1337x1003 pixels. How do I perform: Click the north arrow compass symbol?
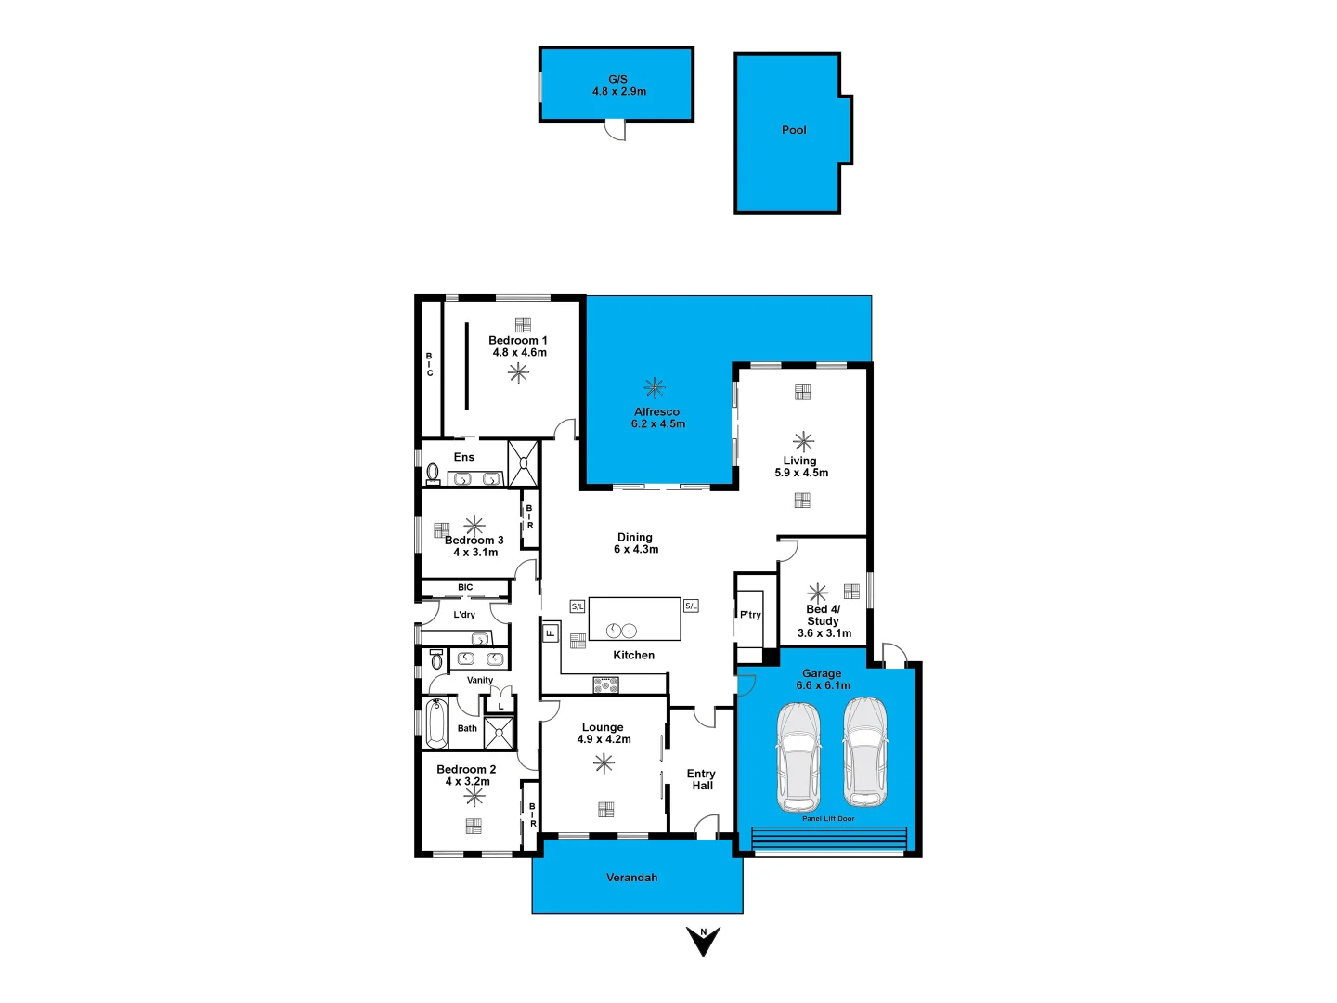(704, 940)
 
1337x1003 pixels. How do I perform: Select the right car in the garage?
(864, 752)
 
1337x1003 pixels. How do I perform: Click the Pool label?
(794, 130)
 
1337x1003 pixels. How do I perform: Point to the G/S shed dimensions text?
(619, 92)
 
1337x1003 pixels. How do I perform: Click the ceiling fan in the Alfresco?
(655, 387)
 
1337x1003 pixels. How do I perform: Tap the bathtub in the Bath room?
(436, 723)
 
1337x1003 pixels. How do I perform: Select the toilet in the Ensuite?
(433, 474)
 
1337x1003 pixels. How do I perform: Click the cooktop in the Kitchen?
(605, 685)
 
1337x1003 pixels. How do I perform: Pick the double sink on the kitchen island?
(621, 631)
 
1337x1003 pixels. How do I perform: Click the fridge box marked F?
(550, 633)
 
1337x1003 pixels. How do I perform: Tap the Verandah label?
(631, 878)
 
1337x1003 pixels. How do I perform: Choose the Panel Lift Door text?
(828, 819)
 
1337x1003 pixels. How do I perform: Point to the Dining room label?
(635, 538)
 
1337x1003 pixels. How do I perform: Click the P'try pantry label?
(750, 615)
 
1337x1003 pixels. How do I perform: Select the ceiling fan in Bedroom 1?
(518, 372)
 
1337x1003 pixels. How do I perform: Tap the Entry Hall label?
(701, 779)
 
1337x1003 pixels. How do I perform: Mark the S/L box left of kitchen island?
(577, 606)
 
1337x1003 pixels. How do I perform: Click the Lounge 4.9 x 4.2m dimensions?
(604, 740)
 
